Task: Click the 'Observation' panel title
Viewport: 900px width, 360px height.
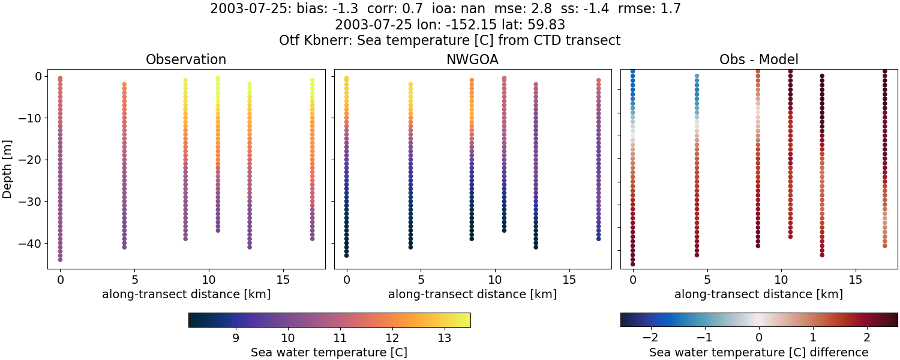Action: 186,59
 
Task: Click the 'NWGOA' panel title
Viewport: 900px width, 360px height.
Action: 472,59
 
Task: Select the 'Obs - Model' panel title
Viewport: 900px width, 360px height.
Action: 758,59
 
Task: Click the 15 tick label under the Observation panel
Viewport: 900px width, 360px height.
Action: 283,280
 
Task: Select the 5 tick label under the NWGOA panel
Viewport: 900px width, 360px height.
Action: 421,280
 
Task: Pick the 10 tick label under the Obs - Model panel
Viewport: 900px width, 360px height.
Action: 781,280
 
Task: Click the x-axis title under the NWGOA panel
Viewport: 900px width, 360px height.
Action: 472,294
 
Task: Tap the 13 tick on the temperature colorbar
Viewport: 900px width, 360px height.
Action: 444,338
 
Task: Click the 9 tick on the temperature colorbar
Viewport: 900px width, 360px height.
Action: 236,338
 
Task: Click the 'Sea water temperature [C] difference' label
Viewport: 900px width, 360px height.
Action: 758,352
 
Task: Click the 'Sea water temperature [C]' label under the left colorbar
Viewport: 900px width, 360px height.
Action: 329,352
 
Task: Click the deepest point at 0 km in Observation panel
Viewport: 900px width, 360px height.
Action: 60,260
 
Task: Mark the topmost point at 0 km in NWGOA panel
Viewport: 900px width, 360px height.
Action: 346,79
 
